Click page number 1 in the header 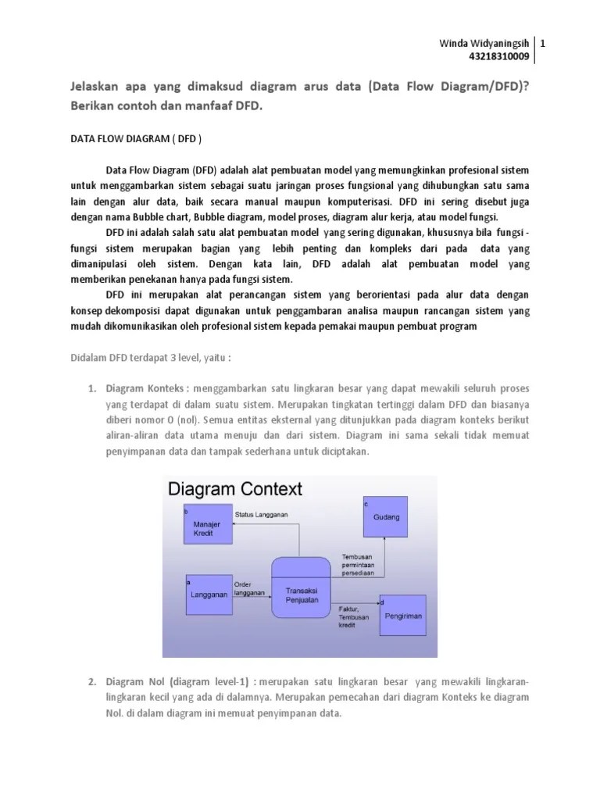(x=542, y=44)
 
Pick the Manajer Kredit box (x=207, y=527)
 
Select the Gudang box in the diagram (x=385, y=518)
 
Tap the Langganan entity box (x=209, y=595)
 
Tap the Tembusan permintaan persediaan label (x=357, y=565)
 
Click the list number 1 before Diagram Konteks (x=91, y=388)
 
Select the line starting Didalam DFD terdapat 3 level (x=146, y=357)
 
